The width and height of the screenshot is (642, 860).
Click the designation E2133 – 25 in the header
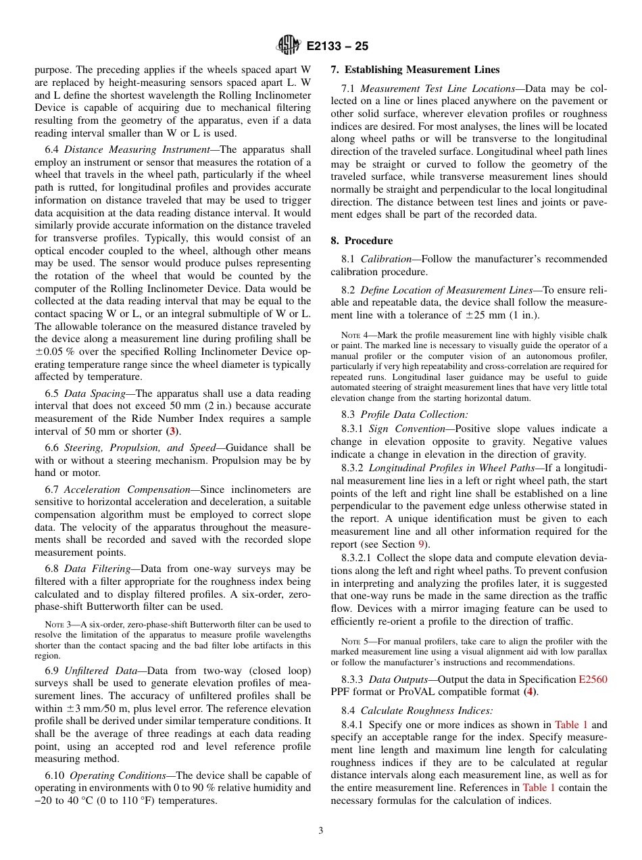pyautogui.click(x=337, y=47)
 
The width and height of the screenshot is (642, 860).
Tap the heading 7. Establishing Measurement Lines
pyautogui.click(x=415, y=70)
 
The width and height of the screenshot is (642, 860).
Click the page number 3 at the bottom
pyautogui.click(x=321, y=831)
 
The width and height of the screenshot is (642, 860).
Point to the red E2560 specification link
pyautogui.click(x=593, y=679)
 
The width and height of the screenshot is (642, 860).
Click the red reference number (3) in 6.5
pyautogui.click(x=174, y=431)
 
